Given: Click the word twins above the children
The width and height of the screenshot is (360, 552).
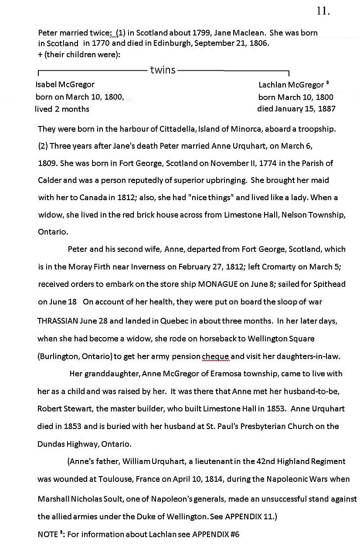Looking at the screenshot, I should [163, 70].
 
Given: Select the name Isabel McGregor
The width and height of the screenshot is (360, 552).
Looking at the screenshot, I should [65, 85].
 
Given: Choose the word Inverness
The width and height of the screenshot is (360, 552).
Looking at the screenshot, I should [147, 267].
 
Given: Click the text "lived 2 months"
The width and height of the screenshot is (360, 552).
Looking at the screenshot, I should [62, 109].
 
